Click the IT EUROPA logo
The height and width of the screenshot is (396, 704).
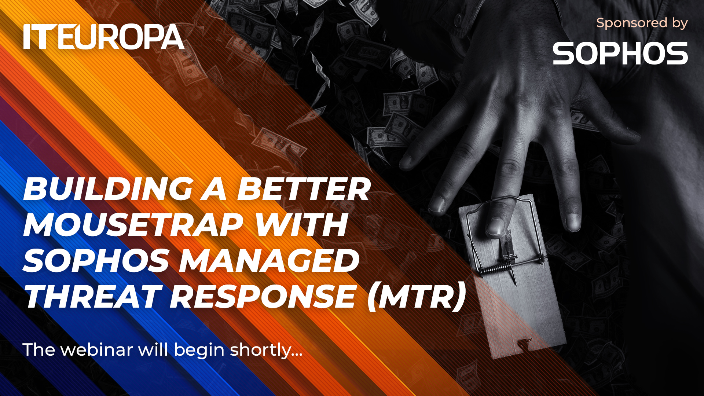point(104,37)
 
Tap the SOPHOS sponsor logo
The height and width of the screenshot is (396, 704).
point(620,53)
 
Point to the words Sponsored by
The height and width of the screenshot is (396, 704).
point(642,23)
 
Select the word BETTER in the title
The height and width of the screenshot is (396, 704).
point(304,189)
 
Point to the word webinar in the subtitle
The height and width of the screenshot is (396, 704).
point(96,349)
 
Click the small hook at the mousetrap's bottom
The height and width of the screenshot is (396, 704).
point(524,343)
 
